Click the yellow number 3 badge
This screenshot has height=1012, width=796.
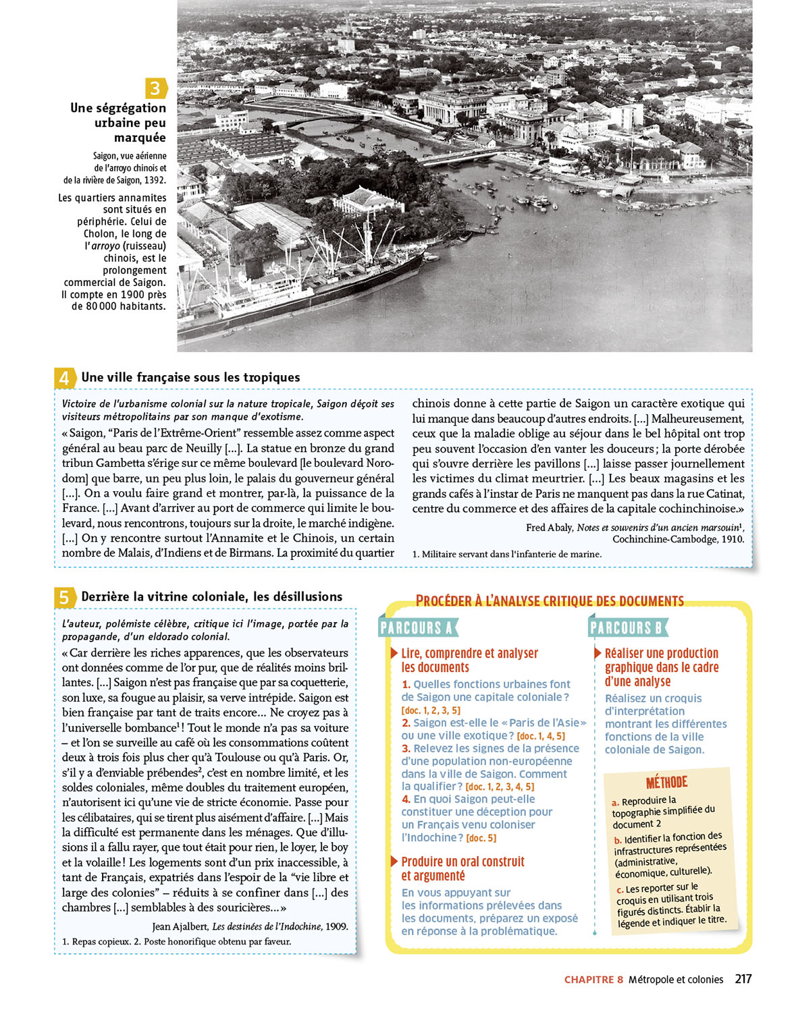pyautogui.click(x=155, y=88)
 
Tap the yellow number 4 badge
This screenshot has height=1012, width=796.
pyautogui.click(x=64, y=378)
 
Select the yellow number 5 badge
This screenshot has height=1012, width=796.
pyautogui.click(x=64, y=597)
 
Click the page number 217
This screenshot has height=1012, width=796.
pyautogui.click(x=743, y=979)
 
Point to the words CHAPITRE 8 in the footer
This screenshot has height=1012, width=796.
pyautogui.click(x=593, y=980)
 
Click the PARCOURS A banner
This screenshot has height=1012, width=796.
pyautogui.click(x=417, y=628)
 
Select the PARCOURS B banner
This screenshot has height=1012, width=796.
pyautogui.click(x=627, y=628)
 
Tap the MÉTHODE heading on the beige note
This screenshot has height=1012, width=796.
pyautogui.click(x=666, y=783)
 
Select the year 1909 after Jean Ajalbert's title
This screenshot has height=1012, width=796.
pyautogui.click(x=337, y=926)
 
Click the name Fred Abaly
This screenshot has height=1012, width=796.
pyautogui.click(x=550, y=528)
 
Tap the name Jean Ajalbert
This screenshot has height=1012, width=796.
pyautogui.click(x=180, y=926)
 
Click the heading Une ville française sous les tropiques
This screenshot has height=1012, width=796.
pyautogui.click(x=190, y=378)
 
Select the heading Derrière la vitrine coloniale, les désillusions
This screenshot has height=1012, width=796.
pyautogui.click(x=211, y=597)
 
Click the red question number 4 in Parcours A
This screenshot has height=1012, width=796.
pyautogui.click(x=406, y=799)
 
